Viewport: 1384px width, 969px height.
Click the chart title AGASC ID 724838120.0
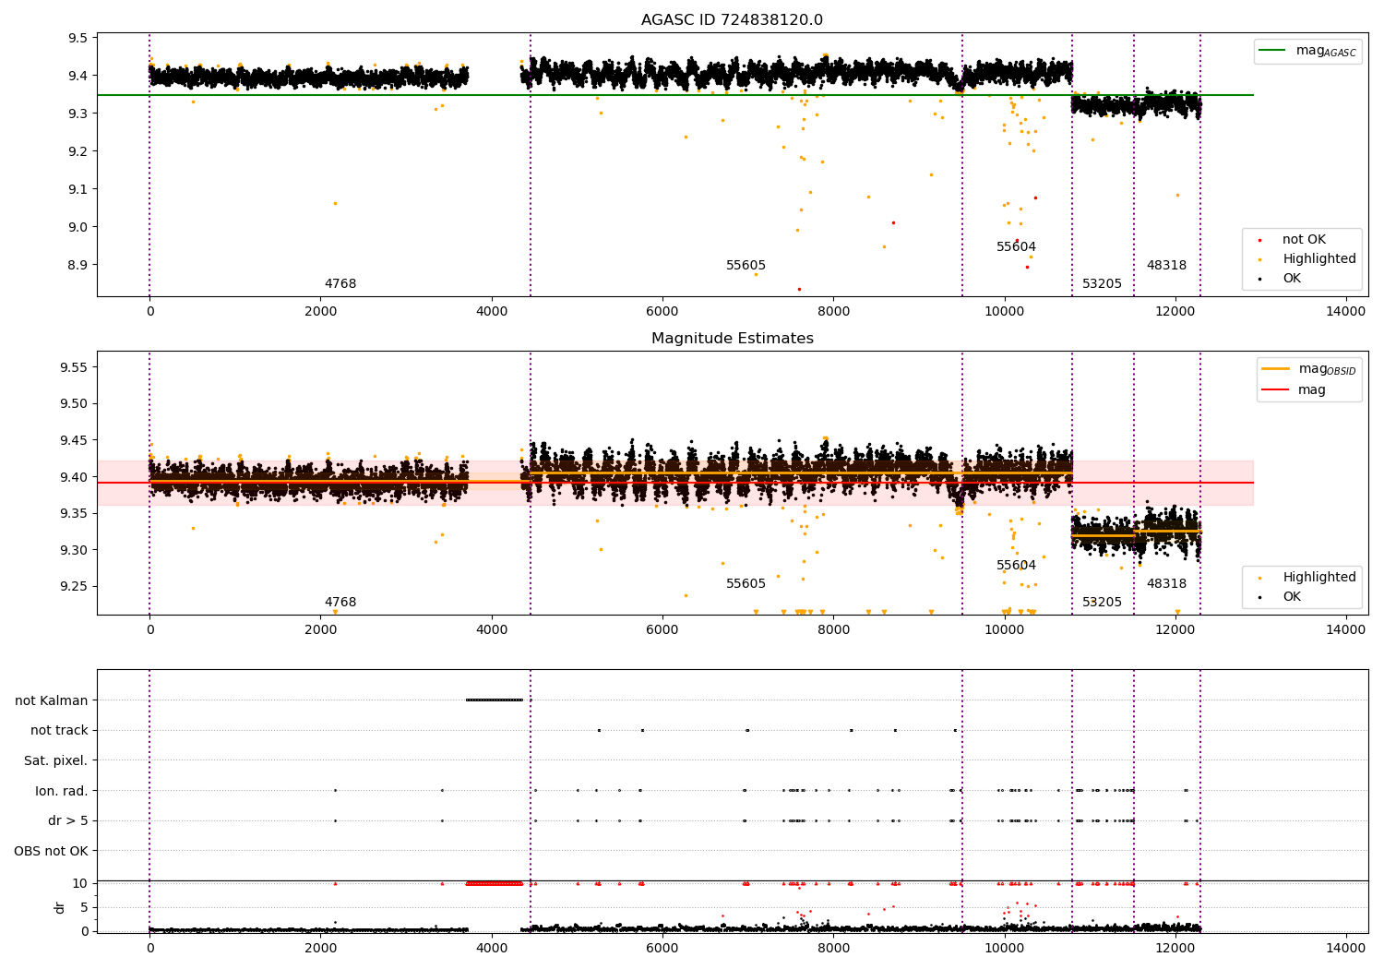[x=732, y=20]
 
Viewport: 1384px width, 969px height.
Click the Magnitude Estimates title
[x=732, y=339]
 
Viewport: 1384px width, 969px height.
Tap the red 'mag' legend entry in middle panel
[x=1311, y=389]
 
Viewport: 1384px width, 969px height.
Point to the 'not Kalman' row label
[x=51, y=700]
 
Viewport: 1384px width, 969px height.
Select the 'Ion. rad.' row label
[x=61, y=791]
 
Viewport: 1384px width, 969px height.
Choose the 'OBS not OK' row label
[x=51, y=851]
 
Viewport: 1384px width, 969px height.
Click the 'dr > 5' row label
[x=67, y=820]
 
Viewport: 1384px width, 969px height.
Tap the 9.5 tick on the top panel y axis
[x=78, y=38]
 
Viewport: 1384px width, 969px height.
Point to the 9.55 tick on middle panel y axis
[x=74, y=367]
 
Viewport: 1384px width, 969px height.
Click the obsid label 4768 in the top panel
[x=340, y=284]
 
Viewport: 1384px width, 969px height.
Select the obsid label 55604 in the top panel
[x=1016, y=247]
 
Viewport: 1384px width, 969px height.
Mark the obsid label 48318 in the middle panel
[x=1166, y=584]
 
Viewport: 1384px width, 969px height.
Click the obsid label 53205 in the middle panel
[x=1102, y=603]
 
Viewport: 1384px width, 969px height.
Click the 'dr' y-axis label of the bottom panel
[x=60, y=907]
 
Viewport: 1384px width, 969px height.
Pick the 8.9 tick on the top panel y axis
[x=78, y=265]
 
